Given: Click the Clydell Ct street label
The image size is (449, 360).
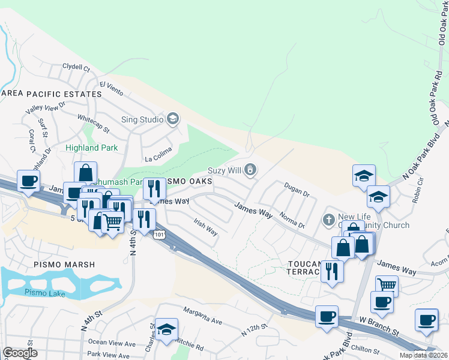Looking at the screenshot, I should point(75,68).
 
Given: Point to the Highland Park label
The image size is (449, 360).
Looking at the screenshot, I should point(92,147).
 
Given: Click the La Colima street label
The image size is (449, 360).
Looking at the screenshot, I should point(158,159).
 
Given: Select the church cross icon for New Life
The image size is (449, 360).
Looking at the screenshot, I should point(328,219).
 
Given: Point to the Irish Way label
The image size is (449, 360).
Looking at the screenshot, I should point(205,227).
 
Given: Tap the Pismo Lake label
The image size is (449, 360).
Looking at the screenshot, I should point(41,292).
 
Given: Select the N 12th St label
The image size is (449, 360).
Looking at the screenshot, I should point(254,329).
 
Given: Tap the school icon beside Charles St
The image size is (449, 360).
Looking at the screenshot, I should point(167,328).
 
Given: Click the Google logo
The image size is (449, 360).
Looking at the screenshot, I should point(20,353).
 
